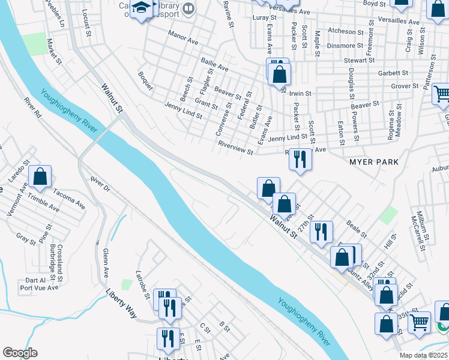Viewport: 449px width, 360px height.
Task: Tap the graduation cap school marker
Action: (x=142, y=9)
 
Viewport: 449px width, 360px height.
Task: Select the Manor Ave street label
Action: (x=183, y=37)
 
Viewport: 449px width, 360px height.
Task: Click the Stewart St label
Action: (x=359, y=61)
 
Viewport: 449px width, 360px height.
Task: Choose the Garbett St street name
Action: (x=393, y=73)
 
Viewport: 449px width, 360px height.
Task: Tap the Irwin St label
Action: (x=300, y=94)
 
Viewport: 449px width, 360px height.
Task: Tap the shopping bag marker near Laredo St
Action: (x=40, y=177)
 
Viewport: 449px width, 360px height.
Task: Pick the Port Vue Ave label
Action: (x=40, y=287)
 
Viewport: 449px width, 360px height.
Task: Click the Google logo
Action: (x=19, y=353)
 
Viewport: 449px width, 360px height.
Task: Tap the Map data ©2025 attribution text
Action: (x=423, y=355)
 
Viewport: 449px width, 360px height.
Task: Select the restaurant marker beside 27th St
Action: (x=321, y=231)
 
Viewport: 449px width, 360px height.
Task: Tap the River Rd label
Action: (x=33, y=107)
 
